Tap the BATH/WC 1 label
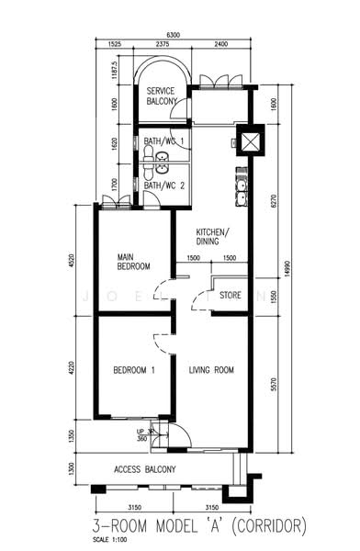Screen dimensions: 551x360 point(164,141)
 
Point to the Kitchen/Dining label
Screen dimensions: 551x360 point(213,236)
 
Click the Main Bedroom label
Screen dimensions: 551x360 point(133,263)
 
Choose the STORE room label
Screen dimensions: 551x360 point(231,296)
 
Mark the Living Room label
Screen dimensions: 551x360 point(211,371)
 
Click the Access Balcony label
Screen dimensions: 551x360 point(145,470)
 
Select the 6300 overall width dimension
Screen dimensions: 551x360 point(174,35)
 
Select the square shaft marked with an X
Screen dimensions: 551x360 point(249,143)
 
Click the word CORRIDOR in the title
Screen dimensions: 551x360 point(264,525)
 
